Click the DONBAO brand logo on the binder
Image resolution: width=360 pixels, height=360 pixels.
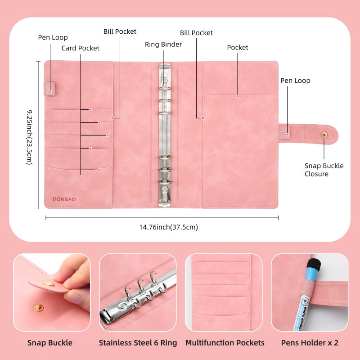(x=64, y=199)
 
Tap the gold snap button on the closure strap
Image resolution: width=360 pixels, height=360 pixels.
(x=324, y=135)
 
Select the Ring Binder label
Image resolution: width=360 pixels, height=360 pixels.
(x=163, y=44)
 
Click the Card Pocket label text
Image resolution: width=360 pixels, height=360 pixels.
(x=81, y=48)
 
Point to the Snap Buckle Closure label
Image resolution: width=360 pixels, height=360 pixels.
(x=324, y=170)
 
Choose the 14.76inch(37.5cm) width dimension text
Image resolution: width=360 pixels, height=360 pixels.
(x=168, y=227)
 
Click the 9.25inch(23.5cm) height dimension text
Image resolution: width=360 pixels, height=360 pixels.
(x=29, y=137)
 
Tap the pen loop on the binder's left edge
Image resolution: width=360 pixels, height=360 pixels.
(x=49, y=89)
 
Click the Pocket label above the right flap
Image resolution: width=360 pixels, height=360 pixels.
(x=238, y=47)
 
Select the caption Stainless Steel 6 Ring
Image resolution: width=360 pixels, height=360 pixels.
(x=138, y=343)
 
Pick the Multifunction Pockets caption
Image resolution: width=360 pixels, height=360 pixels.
(x=225, y=343)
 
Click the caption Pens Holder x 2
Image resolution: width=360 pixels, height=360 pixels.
(x=310, y=343)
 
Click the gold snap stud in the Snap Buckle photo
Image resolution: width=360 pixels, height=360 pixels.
(x=39, y=307)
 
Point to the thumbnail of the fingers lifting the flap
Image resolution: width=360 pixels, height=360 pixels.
(x=52, y=292)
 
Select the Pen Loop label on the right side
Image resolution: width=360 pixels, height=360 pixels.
(x=295, y=81)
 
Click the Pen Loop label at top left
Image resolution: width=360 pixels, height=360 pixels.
(x=53, y=37)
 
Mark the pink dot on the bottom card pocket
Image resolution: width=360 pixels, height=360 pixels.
(x=99, y=170)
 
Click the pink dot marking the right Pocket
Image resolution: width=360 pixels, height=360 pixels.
(x=238, y=96)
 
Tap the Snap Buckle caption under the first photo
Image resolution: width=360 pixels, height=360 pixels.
(x=50, y=343)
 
